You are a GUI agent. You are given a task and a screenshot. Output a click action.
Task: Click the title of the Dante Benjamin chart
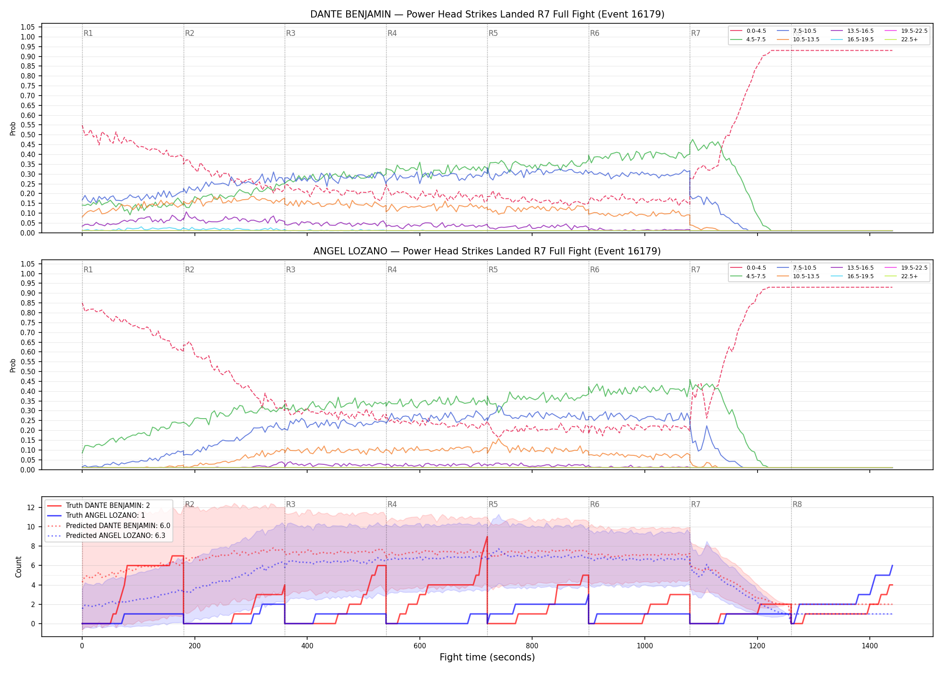coord(487,14)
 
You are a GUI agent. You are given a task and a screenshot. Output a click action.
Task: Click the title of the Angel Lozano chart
coord(487,251)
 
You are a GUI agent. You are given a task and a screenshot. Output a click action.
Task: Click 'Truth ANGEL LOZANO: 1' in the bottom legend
coord(106,516)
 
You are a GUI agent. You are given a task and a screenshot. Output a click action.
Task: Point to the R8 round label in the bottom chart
coord(797,504)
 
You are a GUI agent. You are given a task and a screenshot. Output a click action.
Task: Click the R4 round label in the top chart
coord(392,33)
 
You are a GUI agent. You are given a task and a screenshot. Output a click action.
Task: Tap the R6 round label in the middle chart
coord(595,270)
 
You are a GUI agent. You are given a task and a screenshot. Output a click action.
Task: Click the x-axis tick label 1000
coord(645,646)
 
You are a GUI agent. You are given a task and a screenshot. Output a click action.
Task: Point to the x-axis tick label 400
coord(307,646)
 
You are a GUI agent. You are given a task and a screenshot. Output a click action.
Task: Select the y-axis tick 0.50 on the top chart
coord(28,135)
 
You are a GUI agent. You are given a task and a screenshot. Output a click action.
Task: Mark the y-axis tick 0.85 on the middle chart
coord(28,303)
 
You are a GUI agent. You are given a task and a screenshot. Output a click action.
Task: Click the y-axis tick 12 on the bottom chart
coord(31,507)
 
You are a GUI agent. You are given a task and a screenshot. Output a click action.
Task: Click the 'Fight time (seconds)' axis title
coord(487,657)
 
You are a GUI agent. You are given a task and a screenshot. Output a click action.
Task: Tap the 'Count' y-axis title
coord(18,567)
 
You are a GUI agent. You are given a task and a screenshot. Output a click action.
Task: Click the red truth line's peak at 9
coord(487,537)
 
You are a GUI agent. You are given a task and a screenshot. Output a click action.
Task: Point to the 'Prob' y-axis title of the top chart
coord(13,129)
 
